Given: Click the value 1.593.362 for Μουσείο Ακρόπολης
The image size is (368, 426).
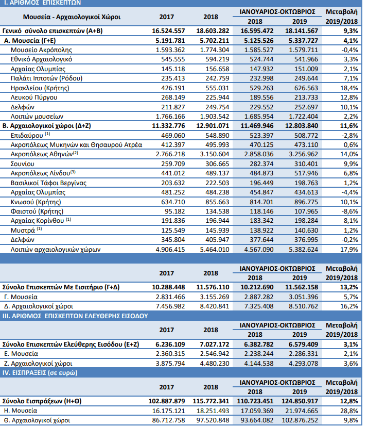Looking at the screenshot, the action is (170, 50).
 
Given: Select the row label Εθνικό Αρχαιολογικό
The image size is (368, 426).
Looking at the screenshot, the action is (41, 59).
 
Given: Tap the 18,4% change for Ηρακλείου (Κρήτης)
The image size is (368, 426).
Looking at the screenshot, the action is (349, 88).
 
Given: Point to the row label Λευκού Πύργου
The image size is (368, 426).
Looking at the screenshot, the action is (34, 97).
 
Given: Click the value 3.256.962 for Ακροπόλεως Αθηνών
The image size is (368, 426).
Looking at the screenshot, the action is (303, 154).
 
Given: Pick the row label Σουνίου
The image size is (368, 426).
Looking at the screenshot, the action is (23, 164).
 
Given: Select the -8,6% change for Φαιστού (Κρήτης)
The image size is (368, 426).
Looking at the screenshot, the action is (350, 211).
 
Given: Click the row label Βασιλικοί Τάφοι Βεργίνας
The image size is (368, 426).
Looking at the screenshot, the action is (48, 183).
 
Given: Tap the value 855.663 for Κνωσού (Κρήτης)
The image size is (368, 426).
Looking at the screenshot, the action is (217, 202).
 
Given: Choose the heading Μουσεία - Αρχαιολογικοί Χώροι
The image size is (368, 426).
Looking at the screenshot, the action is (72, 17).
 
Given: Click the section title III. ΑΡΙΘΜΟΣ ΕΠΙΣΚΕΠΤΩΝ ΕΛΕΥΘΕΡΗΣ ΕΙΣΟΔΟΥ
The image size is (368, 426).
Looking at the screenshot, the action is (75, 316).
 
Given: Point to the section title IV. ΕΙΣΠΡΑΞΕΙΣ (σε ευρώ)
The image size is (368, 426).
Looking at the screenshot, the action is (40, 373).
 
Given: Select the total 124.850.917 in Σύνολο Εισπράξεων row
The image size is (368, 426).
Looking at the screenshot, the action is (300, 401).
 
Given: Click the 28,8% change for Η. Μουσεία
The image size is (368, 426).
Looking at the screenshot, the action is (349, 411).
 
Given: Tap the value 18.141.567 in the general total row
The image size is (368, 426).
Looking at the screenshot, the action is (301, 31).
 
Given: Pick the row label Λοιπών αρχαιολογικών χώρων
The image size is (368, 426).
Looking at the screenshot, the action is (56, 250).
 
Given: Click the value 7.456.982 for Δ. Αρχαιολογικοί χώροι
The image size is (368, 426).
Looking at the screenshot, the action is (170, 306).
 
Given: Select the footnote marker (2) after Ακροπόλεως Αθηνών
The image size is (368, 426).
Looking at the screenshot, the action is (75, 153).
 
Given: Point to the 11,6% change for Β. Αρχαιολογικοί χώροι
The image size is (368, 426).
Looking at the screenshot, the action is (349, 126).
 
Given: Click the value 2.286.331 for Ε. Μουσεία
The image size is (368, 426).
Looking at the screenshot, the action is (303, 354).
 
